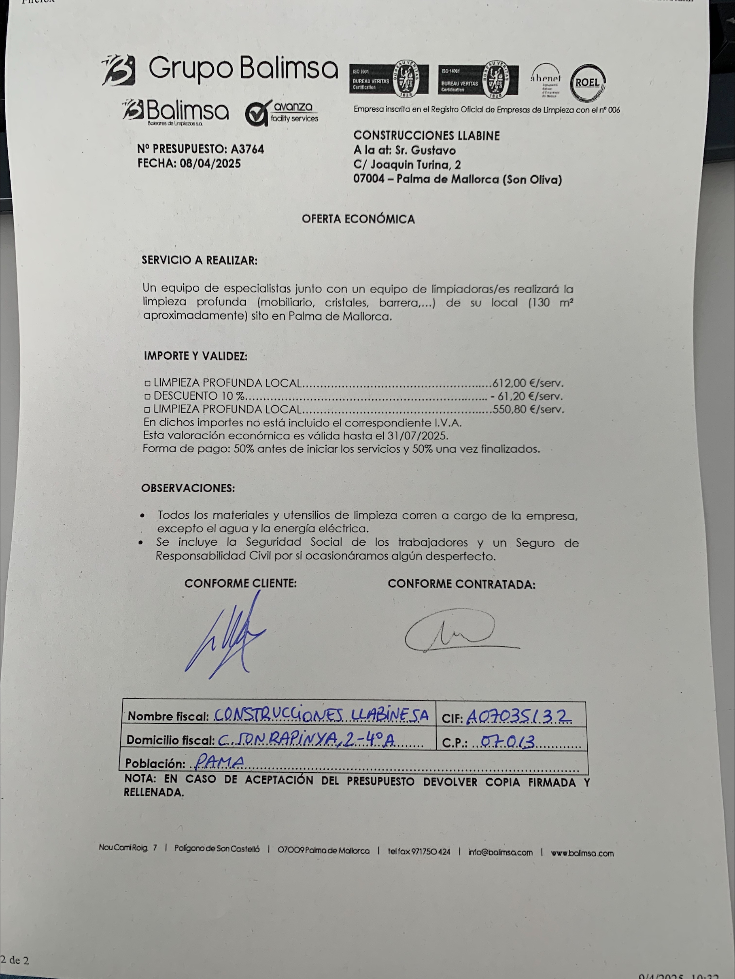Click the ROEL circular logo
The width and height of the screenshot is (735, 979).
point(587,83)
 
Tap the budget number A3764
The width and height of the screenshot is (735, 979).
point(247,149)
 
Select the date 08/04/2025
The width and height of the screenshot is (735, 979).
point(210,164)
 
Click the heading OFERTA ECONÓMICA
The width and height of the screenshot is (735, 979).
point(358,219)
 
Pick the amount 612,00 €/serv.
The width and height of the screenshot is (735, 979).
point(528,383)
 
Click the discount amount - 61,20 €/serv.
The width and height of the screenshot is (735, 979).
point(527,396)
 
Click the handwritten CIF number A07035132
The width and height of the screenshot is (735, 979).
point(518,716)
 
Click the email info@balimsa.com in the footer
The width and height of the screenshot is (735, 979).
point(500,853)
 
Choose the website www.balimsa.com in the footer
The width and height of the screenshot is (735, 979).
point(582,853)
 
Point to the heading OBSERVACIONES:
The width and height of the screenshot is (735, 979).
point(188,488)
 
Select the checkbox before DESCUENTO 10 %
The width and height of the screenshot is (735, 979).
point(147,396)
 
